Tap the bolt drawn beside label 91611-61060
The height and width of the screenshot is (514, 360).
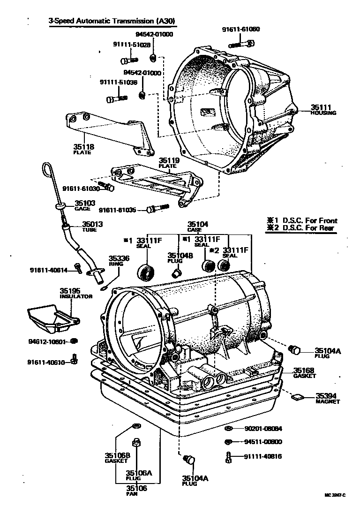point(241,44)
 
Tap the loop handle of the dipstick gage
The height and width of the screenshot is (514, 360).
point(47,169)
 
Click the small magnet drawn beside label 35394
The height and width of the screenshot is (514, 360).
point(296,398)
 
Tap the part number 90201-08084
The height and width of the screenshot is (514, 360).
point(262,428)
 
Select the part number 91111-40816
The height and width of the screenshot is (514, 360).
point(262,456)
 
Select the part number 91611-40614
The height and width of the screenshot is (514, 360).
point(48,270)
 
